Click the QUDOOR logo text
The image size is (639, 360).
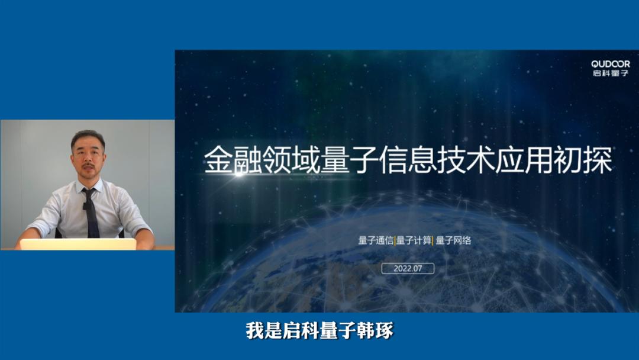coord(611,64)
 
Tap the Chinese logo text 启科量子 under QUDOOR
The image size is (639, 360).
coord(611,73)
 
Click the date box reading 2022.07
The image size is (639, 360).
coord(408,268)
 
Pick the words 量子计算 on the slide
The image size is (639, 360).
coord(414,241)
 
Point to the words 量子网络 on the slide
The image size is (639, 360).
coord(454,241)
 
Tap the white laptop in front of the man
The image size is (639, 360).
coord(78,244)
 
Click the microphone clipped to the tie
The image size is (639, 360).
coord(86,206)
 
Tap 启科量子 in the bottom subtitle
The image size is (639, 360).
coord(319,331)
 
